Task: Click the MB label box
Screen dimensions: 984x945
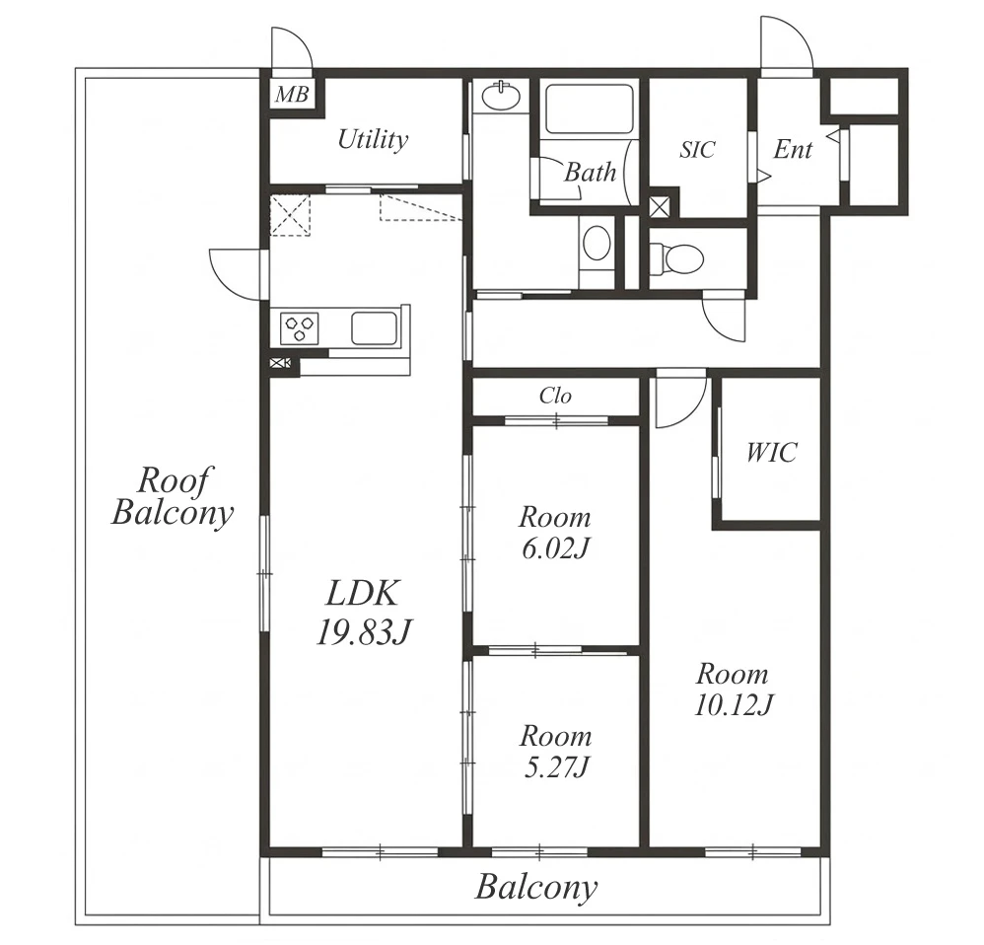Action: coord(293,94)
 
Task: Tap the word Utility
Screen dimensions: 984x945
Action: coord(373,139)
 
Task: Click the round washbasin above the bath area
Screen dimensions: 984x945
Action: coord(502,96)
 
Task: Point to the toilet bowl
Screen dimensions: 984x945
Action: coord(676,258)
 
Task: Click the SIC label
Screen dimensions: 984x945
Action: coord(697,149)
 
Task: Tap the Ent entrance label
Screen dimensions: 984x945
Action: coord(793,149)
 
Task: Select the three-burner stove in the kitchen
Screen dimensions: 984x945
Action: coord(300,328)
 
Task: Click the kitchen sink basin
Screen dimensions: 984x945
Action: coord(374,328)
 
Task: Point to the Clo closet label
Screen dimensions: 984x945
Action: coord(555,396)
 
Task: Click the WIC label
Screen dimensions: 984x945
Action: coord(771,452)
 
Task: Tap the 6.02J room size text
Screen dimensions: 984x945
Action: coord(555,548)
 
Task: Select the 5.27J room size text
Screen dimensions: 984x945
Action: coord(556,767)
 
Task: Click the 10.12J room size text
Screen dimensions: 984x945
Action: coord(733,705)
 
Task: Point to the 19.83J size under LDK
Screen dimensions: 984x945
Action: coord(363,632)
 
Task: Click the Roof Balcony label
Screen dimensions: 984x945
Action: coord(173,496)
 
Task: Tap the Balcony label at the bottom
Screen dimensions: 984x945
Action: coord(536,888)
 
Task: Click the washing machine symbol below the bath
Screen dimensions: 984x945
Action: coord(597,243)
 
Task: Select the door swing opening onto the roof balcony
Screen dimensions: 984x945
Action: coord(235,274)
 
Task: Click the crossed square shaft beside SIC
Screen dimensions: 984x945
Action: coord(660,206)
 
